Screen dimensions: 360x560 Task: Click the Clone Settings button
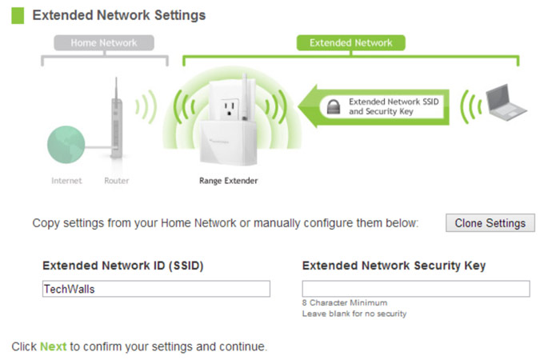tap(490, 223)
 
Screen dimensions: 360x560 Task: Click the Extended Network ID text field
tap(156, 289)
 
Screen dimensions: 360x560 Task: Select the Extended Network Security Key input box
tap(415, 289)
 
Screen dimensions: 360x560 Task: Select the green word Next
tap(53, 346)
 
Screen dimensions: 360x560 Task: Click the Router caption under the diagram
tap(117, 181)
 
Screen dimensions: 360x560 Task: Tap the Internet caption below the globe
tap(66, 181)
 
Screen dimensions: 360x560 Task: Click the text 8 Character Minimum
tap(344, 303)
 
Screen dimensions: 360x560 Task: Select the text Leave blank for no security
tap(354, 314)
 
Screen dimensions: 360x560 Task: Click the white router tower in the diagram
tap(116, 120)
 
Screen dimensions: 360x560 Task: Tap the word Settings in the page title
tap(178, 15)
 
